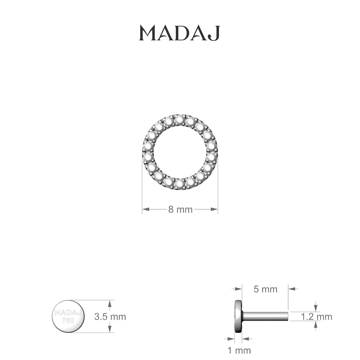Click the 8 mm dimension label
[180, 209]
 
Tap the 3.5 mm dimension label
[110, 316]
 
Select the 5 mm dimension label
[265, 289]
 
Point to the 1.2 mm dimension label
[316, 316]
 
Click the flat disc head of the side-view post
[238, 316]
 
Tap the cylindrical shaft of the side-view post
[264, 316]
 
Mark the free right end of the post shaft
[287, 316]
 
